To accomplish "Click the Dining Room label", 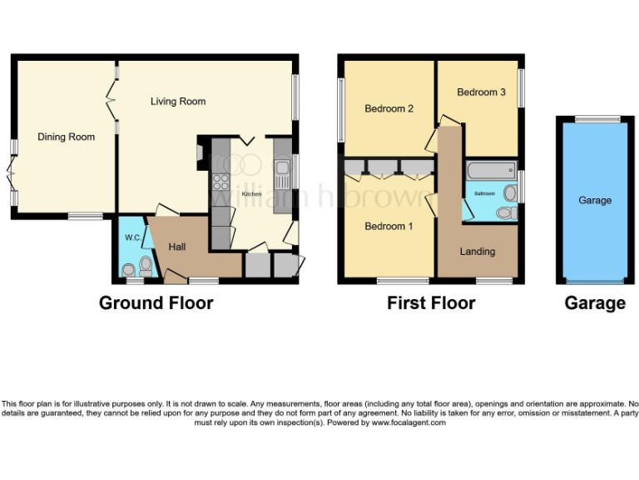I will tap(66, 137).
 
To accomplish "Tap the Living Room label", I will tap(178, 102).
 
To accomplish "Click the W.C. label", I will tap(132, 237).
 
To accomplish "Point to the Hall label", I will tap(176, 247).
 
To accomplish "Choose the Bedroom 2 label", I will tap(389, 108).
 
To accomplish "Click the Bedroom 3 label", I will tap(481, 92).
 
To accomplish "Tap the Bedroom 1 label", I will tap(389, 227).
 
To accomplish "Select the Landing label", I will tap(478, 251).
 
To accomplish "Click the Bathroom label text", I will tap(484, 193).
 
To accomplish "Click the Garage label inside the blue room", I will tap(595, 200).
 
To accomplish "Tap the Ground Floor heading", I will tap(156, 302).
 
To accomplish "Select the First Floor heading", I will tap(431, 302).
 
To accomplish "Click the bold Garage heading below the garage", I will tap(595, 302).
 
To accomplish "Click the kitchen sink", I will tap(282, 176).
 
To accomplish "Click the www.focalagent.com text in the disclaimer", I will tap(408, 422).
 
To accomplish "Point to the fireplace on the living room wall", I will tap(200, 154).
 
